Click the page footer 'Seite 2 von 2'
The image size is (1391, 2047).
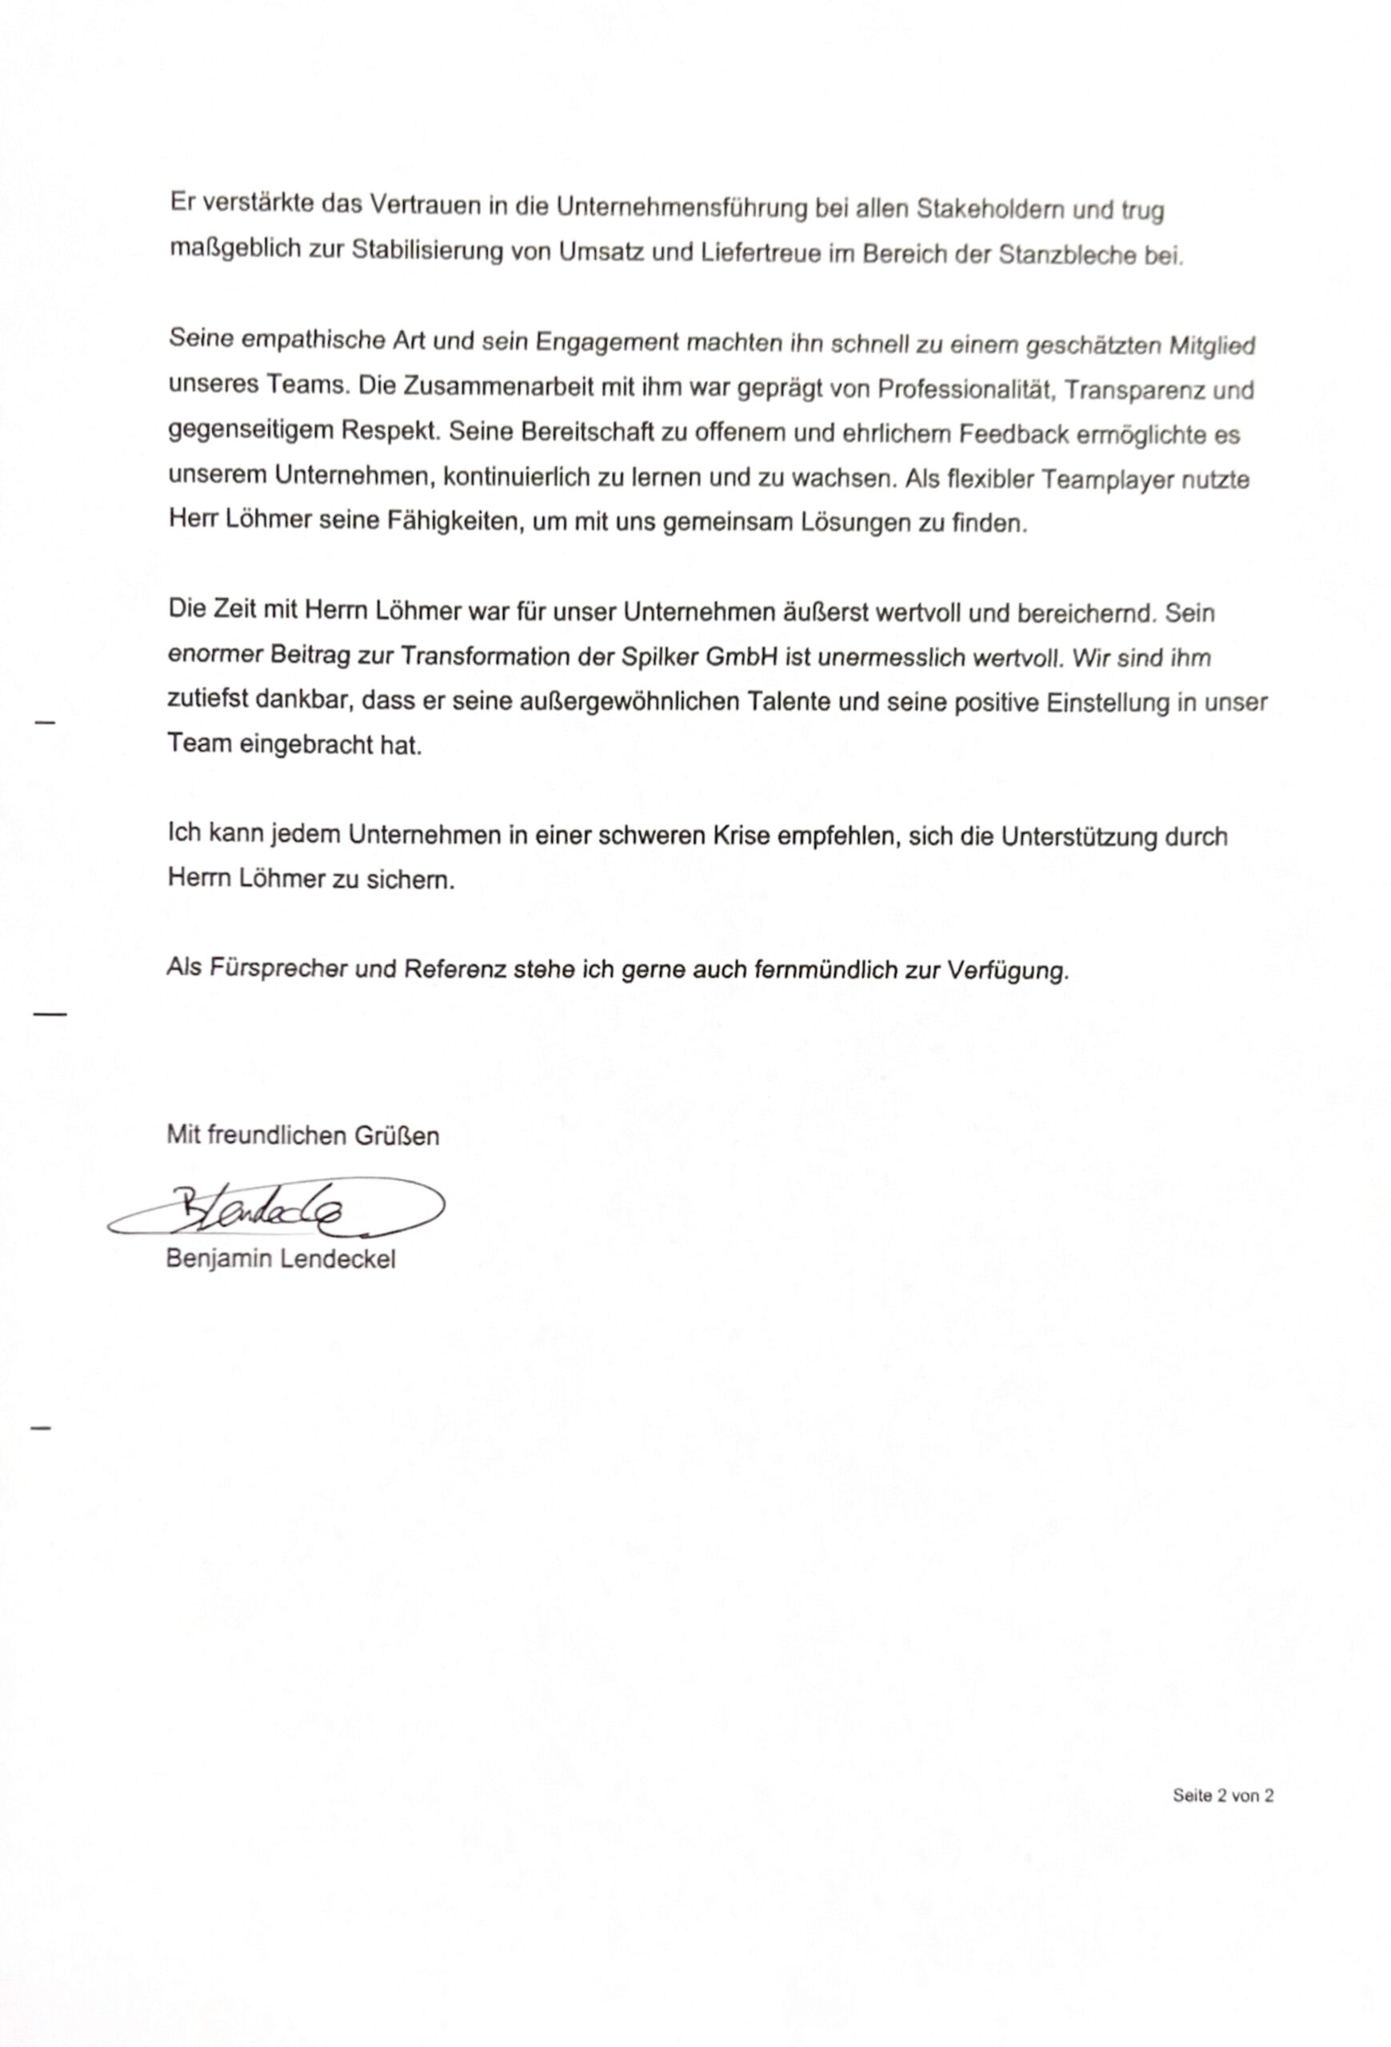[1222, 1795]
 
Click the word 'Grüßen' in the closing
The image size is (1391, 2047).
[397, 1135]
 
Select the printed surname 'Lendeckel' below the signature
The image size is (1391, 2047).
[338, 1259]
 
